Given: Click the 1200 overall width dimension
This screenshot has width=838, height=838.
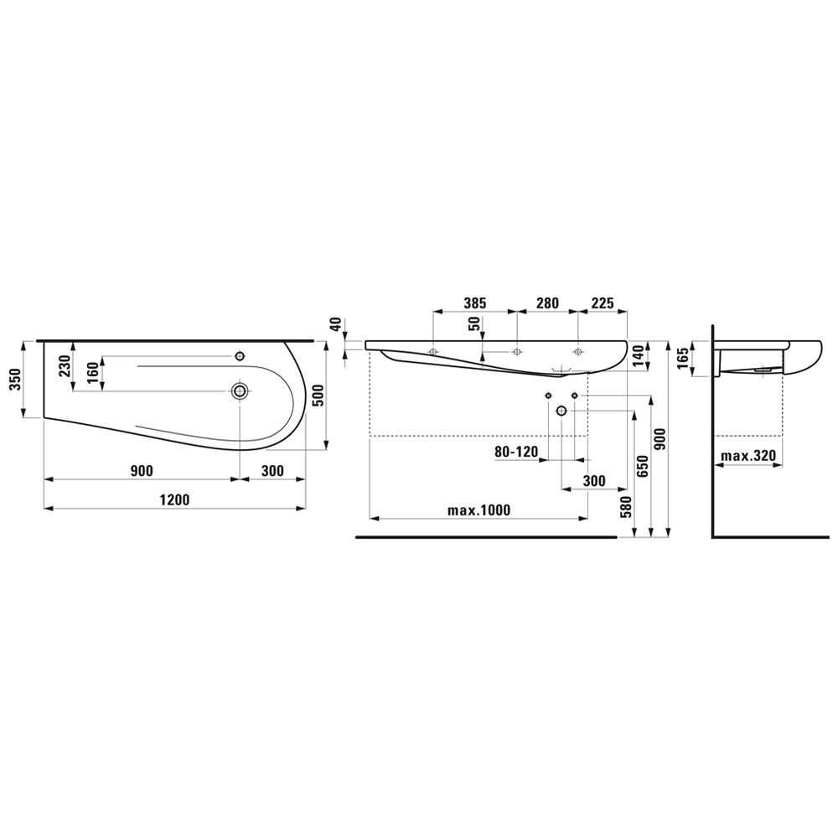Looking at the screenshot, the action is pos(175,499).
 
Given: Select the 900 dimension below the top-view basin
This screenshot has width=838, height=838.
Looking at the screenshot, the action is pos(142,471).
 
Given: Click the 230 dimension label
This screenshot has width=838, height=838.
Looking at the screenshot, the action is pos(65,366).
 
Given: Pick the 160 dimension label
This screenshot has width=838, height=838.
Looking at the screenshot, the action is pos(93,374).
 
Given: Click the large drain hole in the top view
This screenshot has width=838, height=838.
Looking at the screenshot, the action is pos(240,391).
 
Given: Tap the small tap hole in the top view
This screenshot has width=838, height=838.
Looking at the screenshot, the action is pos(240,356).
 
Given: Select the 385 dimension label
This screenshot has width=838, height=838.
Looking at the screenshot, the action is pos(474,303).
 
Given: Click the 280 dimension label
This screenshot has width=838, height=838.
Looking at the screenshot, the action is pos(547,303).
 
